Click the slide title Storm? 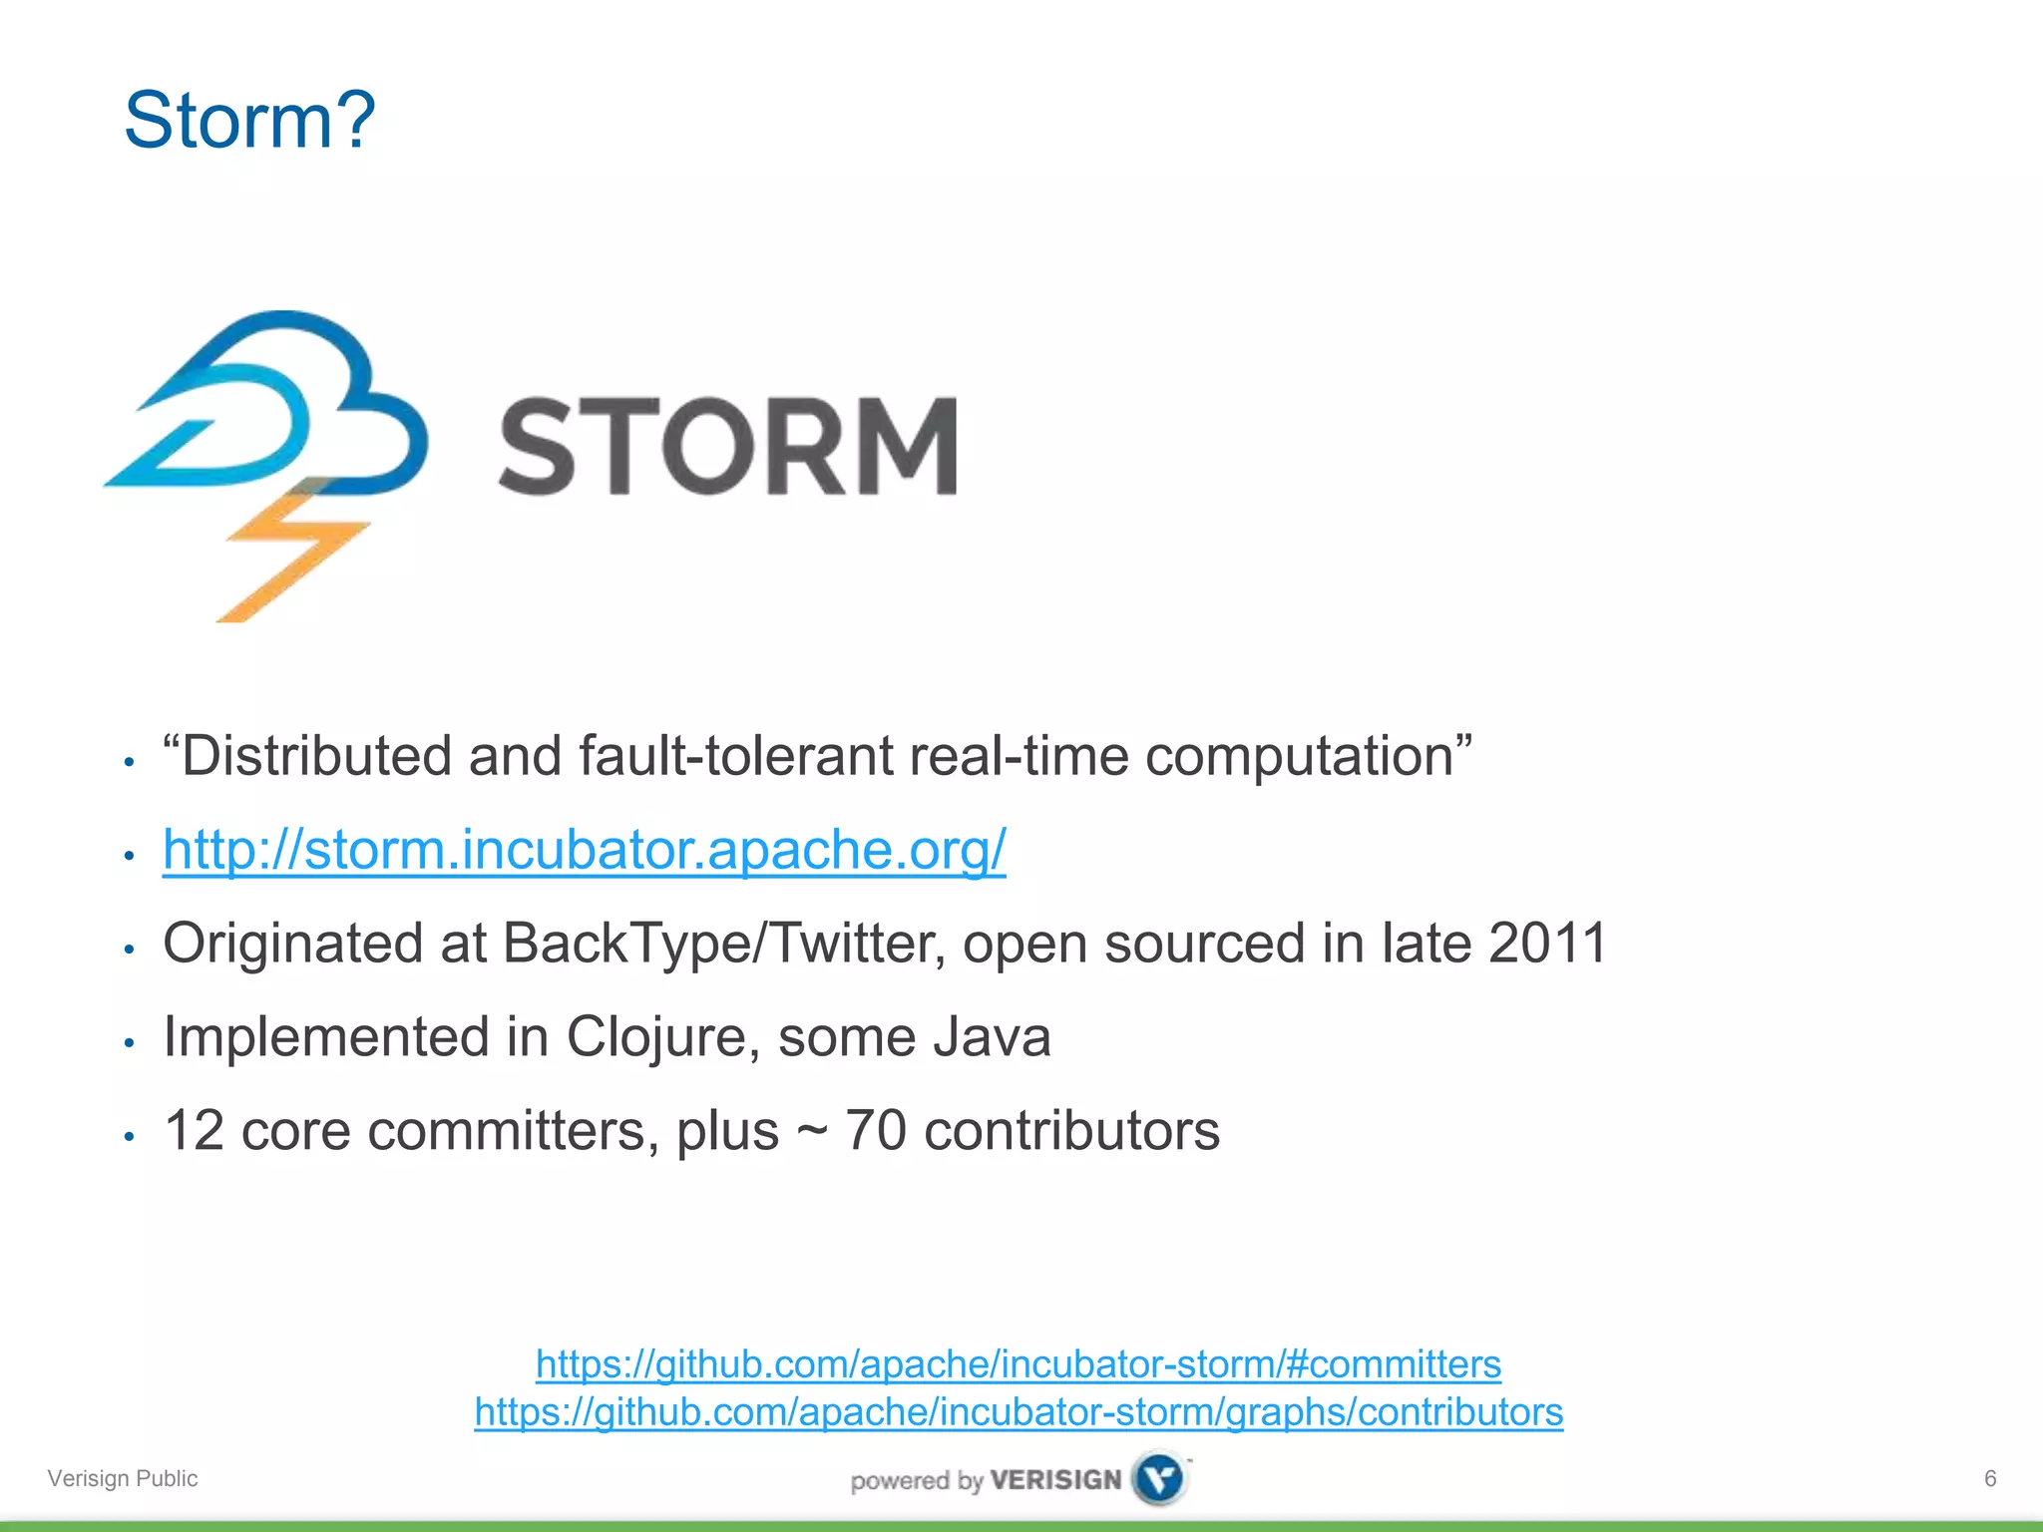pyautogui.click(x=249, y=120)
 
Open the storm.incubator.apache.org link pyautogui.click(x=584, y=850)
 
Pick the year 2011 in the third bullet pyautogui.click(x=1546, y=943)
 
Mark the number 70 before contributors pyautogui.click(x=875, y=1131)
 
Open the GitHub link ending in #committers pyautogui.click(x=1018, y=1363)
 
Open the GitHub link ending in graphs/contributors pyautogui.click(x=1018, y=1411)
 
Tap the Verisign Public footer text pyautogui.click(x=123, y=1478)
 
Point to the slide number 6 pyautogui.click(x=1989, y=1478)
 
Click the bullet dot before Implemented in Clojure pyautogui.click(x=129, y=1043)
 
